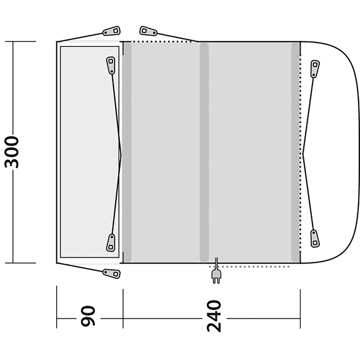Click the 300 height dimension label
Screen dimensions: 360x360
coord(11,152)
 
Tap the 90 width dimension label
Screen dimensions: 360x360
coord(88,316)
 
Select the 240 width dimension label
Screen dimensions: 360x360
coord(214,316)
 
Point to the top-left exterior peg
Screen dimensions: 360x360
coord(111,31)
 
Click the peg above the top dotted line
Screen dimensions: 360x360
coord(149,31)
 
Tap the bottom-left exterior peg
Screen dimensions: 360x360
coord(111,274)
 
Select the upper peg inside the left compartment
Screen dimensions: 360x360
coord(110,65)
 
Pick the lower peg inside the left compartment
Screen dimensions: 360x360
coord(110,243)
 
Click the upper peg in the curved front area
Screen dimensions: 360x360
coord(315,69)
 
